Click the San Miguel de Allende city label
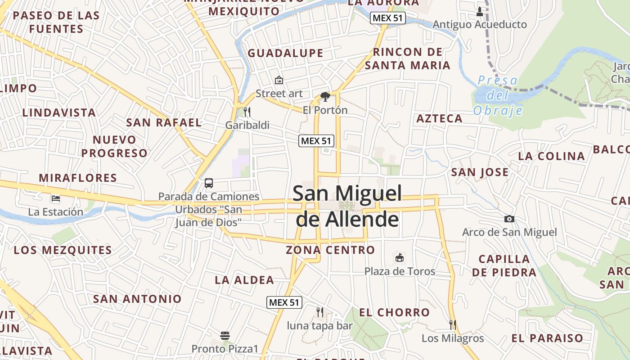[346, 207]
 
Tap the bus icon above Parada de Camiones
[209, 183]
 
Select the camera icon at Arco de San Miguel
[509, 219]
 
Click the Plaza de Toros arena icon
[399, 258]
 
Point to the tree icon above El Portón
[325, 96]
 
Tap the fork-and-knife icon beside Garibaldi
[247, 112]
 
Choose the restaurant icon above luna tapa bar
[319, 312]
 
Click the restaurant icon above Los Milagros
[453, 324]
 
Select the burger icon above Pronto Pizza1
[225, 336]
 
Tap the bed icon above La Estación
[56, 198]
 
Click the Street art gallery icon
[279, 81]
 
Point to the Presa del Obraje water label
[498, 95]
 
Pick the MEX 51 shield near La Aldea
[284, 302]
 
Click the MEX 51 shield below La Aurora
[388, 18]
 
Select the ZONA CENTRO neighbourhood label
[330, 250]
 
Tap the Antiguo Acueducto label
[479, 24]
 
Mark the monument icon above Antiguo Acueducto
[479, 11]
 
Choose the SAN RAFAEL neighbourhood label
[164, 122]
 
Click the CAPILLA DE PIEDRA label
[504, 265]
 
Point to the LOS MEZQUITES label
[63, 250]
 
